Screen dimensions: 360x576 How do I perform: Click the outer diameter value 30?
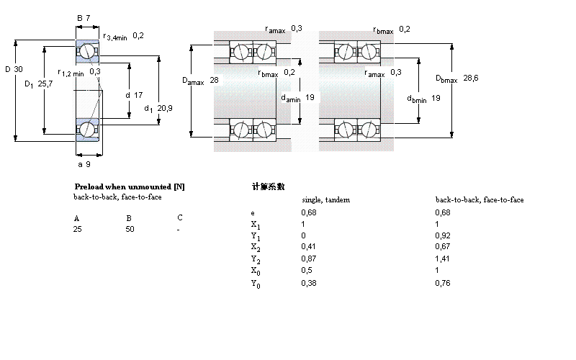click(x=19, y=69)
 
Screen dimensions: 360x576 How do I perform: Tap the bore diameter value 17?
click(x=138, y=94)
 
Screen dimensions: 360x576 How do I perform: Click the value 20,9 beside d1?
click(x=164, y=109)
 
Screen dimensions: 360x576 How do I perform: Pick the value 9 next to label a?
click(x=88, y=164)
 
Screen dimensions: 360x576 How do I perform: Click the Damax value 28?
click(x=214, y=80)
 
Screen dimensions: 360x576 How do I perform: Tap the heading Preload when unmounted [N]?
click(x=130, y=186)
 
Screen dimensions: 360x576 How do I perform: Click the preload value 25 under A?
click(x=77, y=229)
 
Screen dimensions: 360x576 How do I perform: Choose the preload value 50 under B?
click(x=130, y=229)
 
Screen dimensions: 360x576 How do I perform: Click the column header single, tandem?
click(x=325, y=200)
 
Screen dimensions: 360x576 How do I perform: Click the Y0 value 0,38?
click(x=307, y=283)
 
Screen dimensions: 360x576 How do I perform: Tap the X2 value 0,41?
click(x=307, y=248)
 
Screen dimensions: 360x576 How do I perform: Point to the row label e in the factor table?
click(x=252, y=212)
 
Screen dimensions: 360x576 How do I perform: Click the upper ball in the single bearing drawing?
click(x=87, y=51)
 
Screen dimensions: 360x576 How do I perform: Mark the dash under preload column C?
click(x=179, y=229)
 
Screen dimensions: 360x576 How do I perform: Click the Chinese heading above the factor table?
click(x=269, y=186)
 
